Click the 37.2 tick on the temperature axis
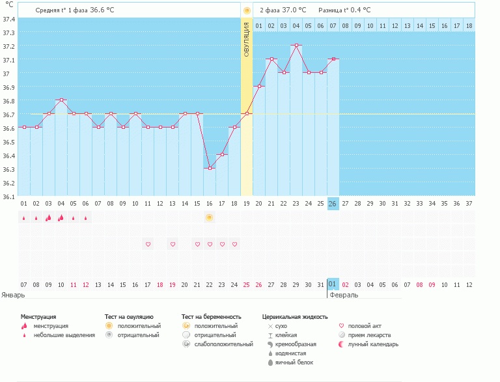tap(8, 46)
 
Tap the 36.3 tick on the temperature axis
tap(8, 169)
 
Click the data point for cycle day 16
tap(210, 169)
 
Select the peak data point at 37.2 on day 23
tap(296, 46)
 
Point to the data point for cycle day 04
tap(61, 100)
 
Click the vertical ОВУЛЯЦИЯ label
tap(247, 39)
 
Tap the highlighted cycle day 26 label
tap(333, 204)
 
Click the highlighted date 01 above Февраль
tap(333, 284)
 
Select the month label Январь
tap(13, 295)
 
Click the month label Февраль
tap(344, 295)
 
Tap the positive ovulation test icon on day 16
tap(210, 217)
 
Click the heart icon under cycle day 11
tap(148, 244)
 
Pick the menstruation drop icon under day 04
tap(61, 218)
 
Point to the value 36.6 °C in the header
tap(102, 10)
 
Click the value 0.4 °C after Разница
tap(359, 10)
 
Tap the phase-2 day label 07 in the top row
tap(333, 25)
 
